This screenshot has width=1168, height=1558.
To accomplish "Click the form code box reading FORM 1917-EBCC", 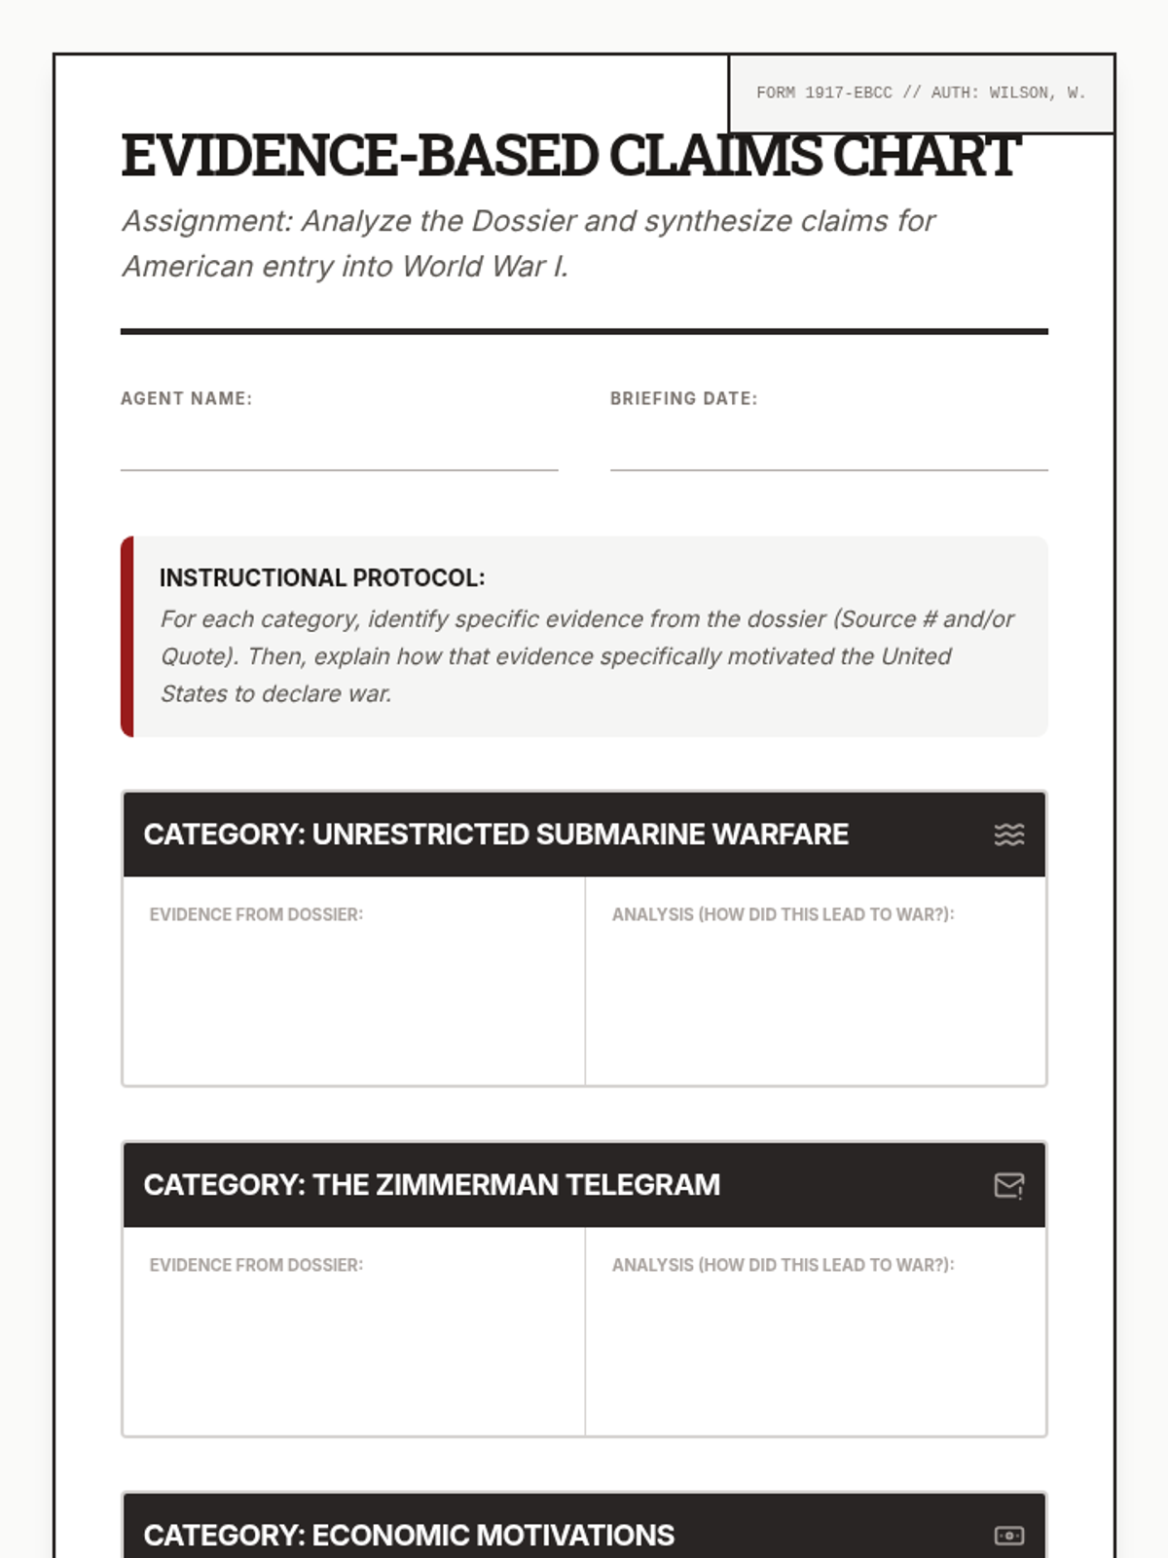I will [921, 93].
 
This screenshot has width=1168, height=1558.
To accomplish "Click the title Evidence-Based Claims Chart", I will [570, 156].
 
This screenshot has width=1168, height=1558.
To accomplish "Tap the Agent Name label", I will [186, 398].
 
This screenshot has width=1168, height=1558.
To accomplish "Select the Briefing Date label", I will [683, 398].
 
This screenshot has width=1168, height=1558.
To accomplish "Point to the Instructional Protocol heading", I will [322, 577].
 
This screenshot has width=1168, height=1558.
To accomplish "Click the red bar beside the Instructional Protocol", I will [127, 637].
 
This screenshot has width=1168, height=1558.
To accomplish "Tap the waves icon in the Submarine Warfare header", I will [1009, 835].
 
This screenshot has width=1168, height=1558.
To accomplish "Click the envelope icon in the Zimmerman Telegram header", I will [1009, 1185].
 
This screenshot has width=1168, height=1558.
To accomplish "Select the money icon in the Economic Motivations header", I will [1009, 1536].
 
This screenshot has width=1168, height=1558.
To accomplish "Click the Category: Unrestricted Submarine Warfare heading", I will [496, 835].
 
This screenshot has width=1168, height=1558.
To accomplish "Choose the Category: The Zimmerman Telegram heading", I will [432, 1185].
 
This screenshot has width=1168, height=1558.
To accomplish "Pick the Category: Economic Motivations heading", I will [409, 1536].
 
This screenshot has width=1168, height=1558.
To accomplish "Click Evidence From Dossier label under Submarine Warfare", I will [256, 914].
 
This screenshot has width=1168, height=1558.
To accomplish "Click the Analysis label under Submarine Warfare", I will [783, 914].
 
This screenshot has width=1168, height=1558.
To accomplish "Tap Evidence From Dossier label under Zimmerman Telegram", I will [256, 1265].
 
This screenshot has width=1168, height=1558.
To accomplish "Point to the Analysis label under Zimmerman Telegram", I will [783, 1265].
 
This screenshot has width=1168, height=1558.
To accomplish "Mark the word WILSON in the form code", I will [1022, 93].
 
